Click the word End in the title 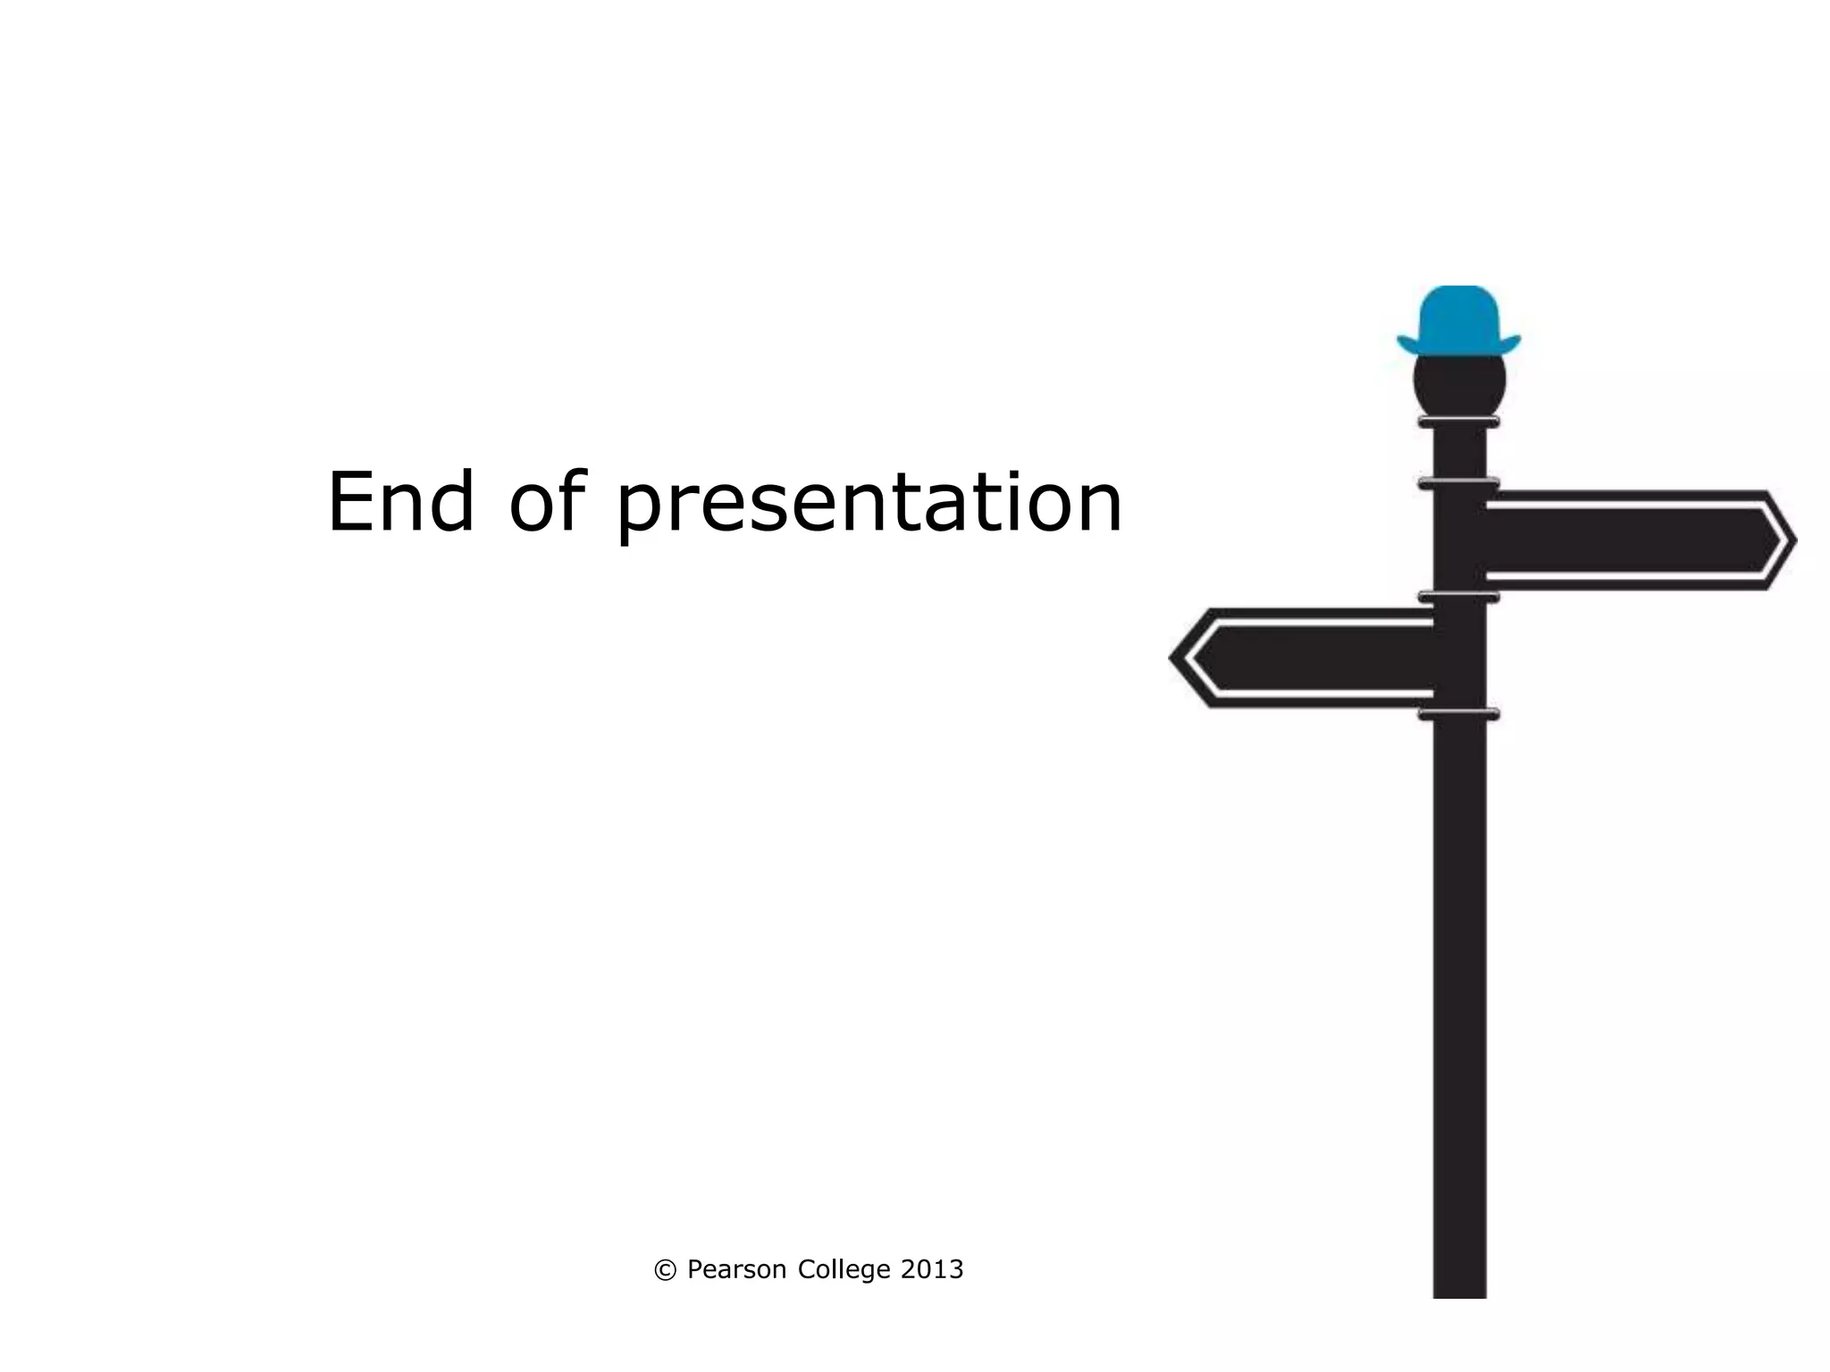pyautogui.click(x=400, y=502)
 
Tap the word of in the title pyautogui.click(x=547, y=502)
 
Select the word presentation pyautogui.click(x=869, y=506)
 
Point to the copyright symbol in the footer pyautogui.click(x=665, y=1270)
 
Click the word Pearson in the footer pyautogui.click(x=736, y=1270)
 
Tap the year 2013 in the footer pyautogui.click(x=932, y=1269)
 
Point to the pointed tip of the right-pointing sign pyautogui.click(x=1792, y=540)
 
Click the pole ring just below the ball pyautogui.click(x=1458, y=422)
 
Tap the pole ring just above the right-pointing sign pyautogui.click(x=1458, y=483)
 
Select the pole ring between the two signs pyautogui.click(x=1458, y=597)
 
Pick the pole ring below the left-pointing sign pyautogui.click(x=1458, y=714)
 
